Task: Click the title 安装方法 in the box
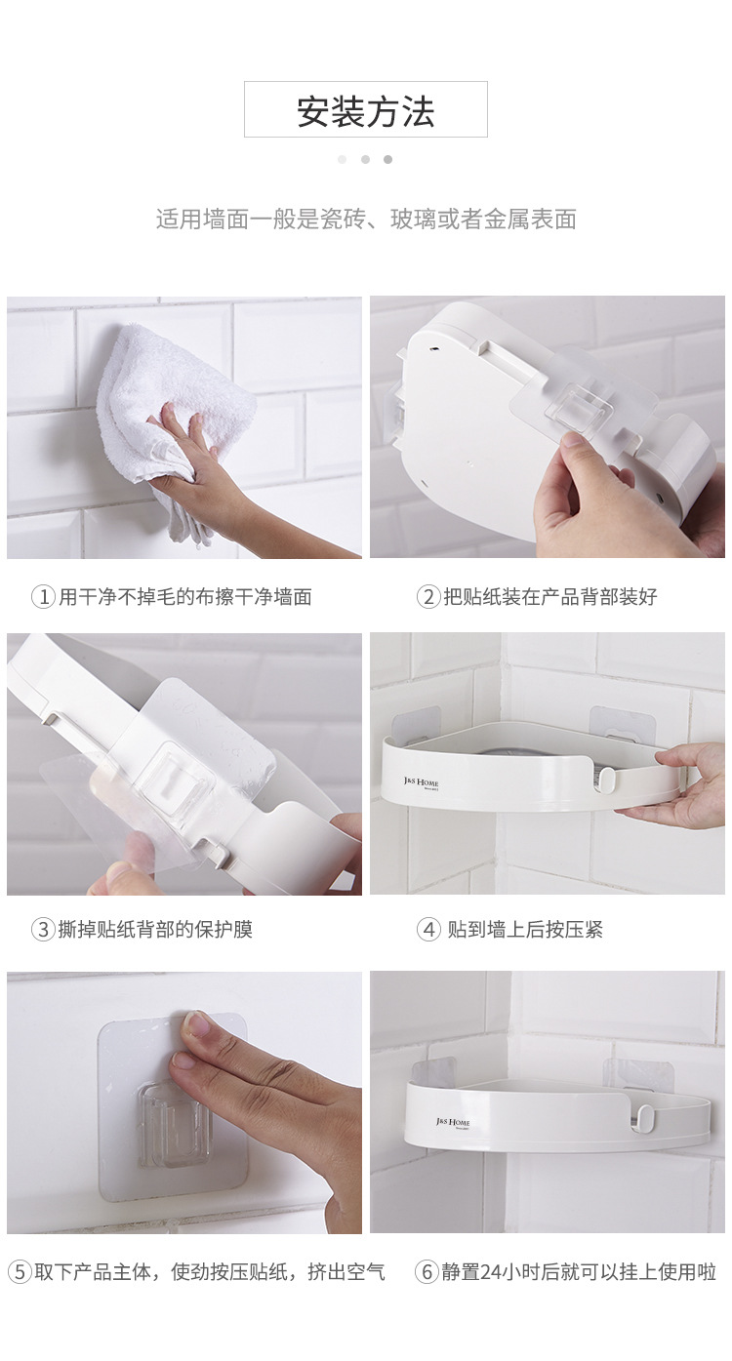coord(365,111)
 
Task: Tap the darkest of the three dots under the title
coord(387,159)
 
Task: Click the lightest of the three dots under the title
coord(342,159)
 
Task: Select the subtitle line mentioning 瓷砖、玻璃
coord(366,219)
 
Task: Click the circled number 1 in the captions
coord(43,596)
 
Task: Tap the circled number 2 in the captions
coord(428,596)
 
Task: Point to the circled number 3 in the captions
coord(43,930)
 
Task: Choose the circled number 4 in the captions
coord(428,930)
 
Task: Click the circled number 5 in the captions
coord(20,1272)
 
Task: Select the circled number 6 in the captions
coord(426,1272)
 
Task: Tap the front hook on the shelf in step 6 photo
coord(646,1115)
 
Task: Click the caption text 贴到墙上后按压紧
coord(525,930)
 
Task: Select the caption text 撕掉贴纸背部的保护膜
coord(155,930)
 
